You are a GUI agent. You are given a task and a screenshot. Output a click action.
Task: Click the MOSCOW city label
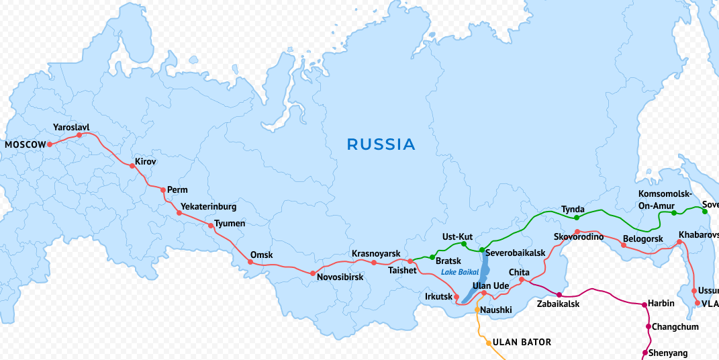pyautogui.click(x=25, y=144)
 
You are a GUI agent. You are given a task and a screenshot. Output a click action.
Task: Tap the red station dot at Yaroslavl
pyautogui.click(x=79, y=135)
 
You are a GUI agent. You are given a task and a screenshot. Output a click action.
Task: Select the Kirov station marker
pyautogui.click(x=132, y=165)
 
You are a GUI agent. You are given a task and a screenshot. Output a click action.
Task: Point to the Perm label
pyautogui.click(x=177, y=190)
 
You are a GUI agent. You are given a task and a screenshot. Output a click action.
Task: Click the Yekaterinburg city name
pyautogui.click(x=209, y=206)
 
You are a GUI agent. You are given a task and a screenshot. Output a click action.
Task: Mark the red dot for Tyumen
pyautogui.click(x=211, y=226)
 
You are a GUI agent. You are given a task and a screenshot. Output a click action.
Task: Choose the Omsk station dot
pyautogui.click(x=250, y=261)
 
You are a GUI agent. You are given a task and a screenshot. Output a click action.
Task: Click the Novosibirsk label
pyautogui.click(x=340, y=277)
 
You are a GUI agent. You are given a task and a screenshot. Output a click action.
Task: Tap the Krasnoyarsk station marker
pyautogui.click(x=374, y=262)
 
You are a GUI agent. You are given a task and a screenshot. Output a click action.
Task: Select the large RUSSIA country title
pyautogui.click(x=381, y=144)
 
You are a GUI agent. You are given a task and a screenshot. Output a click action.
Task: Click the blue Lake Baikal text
pyautogui.click(x=460, y=272)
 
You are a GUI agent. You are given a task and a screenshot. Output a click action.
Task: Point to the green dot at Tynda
pyautogui.click(x=576, y=218)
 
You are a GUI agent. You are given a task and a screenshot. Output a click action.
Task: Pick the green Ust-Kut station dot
pyautogui.click(x=464, y=244)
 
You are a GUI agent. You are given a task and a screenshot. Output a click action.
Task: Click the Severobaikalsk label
pyautogui.click(x=515, y=253)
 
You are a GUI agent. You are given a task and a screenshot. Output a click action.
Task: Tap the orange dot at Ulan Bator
pyautogui.click(x=489, y=343)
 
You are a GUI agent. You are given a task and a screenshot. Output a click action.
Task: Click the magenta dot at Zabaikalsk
pyautogui.click(x=559, y=295)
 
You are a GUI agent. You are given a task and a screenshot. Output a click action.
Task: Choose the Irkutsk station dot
pyautogui.click(x=457, y=297)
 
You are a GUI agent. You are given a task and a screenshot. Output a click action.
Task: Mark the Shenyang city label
pyautogui.click(x=668, y=353)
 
